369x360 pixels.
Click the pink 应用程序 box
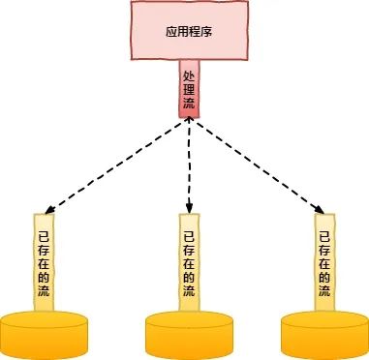coord(184,33)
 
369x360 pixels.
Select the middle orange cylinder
coord(190,334)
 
